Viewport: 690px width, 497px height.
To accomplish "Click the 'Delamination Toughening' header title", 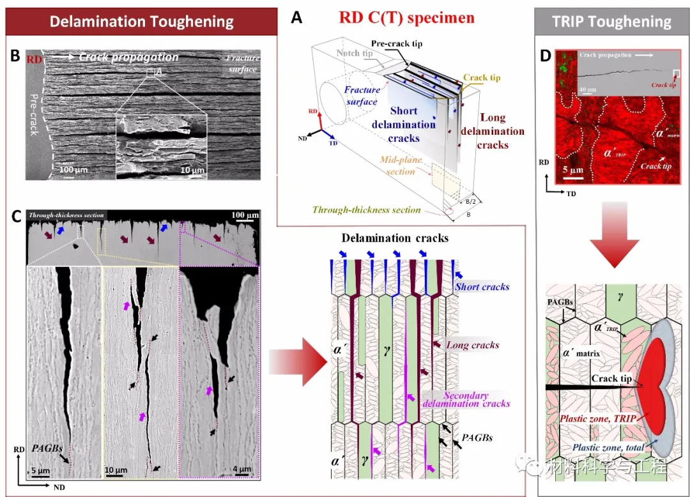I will pyautogui.click(x=141, y=22).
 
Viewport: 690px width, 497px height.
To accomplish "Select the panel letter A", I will pyautogui.click(x=296, y=18).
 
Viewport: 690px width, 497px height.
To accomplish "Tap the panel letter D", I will pyautogui.click(x=545, y=56).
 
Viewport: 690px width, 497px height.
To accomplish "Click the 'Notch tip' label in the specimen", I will pyautogui.click(x=358, y=54).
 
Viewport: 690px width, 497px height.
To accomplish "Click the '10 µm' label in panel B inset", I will pyautogui.click(x=191, y=170).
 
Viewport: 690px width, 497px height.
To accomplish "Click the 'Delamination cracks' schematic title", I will pyautogui.click(x=394, y=238).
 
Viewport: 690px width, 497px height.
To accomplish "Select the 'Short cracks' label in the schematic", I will pyautogui.click(x=482, y=287).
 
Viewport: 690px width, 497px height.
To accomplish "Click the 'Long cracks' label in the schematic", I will pyautogui.click(x=473, y=346).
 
